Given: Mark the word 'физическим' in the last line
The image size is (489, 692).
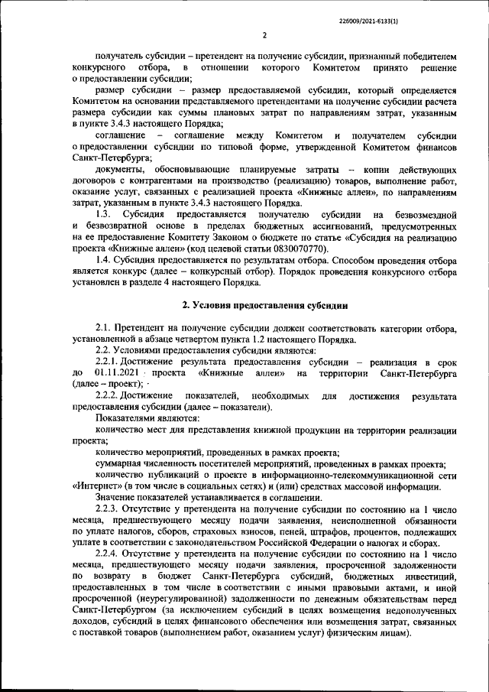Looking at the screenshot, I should [348, 634].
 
